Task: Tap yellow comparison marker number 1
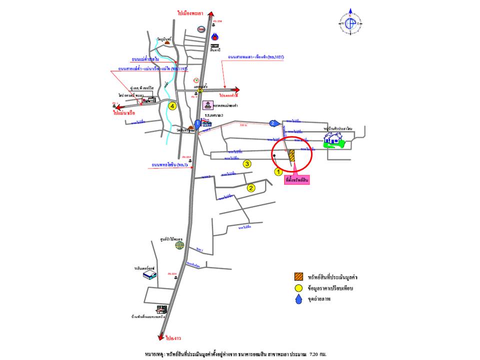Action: click(x=279, y=171)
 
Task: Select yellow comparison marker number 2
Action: click(x=251, y=188)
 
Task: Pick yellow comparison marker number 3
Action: click(x=246, y=163)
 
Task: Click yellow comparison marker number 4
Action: click(x=172, y=106)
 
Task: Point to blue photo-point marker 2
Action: click(x=273, y=123)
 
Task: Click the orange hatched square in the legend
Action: click(x=298, y=276)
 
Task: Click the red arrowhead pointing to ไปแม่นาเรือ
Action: click(x=115, y=106)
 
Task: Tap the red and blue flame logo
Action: click(x=215, y=36)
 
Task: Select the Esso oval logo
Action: click(x=201, y=29)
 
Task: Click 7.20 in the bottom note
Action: click(x=315, y=353)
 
